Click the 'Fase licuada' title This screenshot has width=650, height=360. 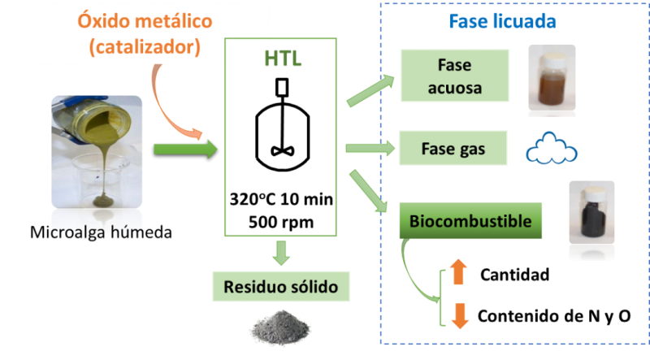point(502,21)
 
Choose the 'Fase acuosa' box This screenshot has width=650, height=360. point(454,75)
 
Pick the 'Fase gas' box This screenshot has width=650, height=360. point(453,149)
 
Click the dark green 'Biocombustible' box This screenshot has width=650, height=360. point(470,220)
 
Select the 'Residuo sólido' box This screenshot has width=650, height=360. point(281,286)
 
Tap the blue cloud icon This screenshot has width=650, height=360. point(552,147)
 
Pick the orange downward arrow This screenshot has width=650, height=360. point(459,314)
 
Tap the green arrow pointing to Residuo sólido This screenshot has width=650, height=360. point(281,253)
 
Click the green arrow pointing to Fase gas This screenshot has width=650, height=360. point(370,148)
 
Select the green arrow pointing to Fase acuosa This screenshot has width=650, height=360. point(370,91)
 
